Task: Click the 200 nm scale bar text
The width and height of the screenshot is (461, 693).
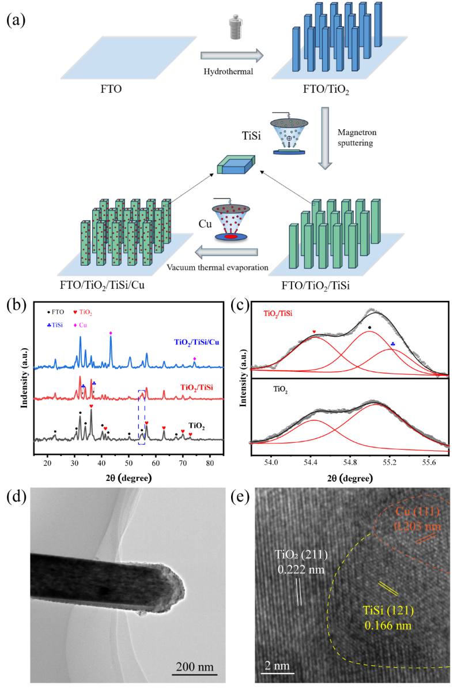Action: click(x=195, y=668)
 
